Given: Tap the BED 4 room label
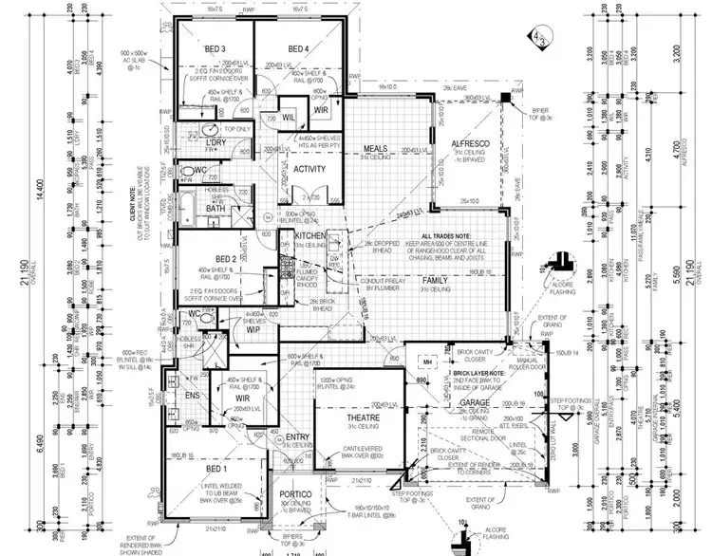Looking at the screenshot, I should coord(297,48).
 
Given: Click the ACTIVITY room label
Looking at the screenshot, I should coord(310,169).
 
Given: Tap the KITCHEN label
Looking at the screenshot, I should coord(310,234).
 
